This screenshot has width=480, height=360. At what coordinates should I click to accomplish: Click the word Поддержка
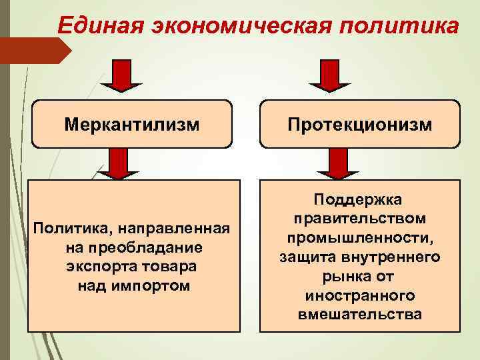click(359, 200)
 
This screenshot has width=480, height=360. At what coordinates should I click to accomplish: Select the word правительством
click(359, 219)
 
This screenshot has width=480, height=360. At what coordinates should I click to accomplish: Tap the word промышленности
click(359, 237)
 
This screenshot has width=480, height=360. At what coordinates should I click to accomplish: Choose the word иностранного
click(359, 294)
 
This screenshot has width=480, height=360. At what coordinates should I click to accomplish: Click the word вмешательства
click(359, 313)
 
